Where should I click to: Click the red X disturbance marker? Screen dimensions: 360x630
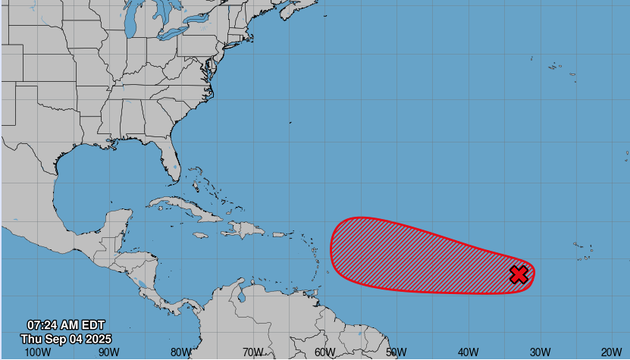(x=519, y=274)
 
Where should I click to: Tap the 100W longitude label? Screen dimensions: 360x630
(x=37, y=352)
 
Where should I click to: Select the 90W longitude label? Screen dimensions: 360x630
(x=108, y=352)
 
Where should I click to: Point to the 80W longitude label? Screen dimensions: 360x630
(x=180, y=352)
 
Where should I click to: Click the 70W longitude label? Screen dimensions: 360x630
(x=252, y=352)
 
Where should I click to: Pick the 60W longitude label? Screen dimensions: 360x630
(x=324, y=352)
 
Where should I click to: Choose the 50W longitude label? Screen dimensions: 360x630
(x=396, y=352)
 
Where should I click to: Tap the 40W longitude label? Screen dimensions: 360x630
(x=468, y=352)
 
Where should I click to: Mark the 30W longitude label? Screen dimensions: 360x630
(x=539, y=352)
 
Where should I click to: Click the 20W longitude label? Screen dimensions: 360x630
(x=611, y=352)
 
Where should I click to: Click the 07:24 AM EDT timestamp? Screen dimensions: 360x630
(x=66, y=325)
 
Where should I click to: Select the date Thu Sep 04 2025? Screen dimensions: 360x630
(x=66, y=338)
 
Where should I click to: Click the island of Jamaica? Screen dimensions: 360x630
(x=200, y=236)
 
